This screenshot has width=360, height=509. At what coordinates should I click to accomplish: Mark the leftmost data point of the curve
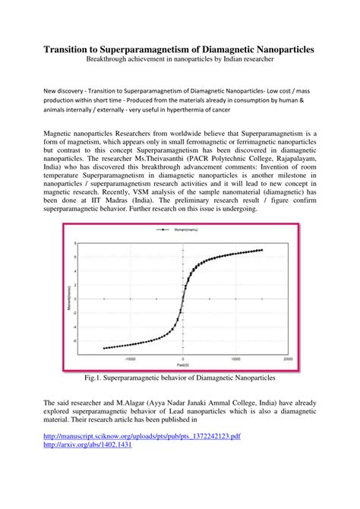(x=103, y=348)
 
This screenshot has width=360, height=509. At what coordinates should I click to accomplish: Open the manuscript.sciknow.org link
(x=142, y=436)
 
